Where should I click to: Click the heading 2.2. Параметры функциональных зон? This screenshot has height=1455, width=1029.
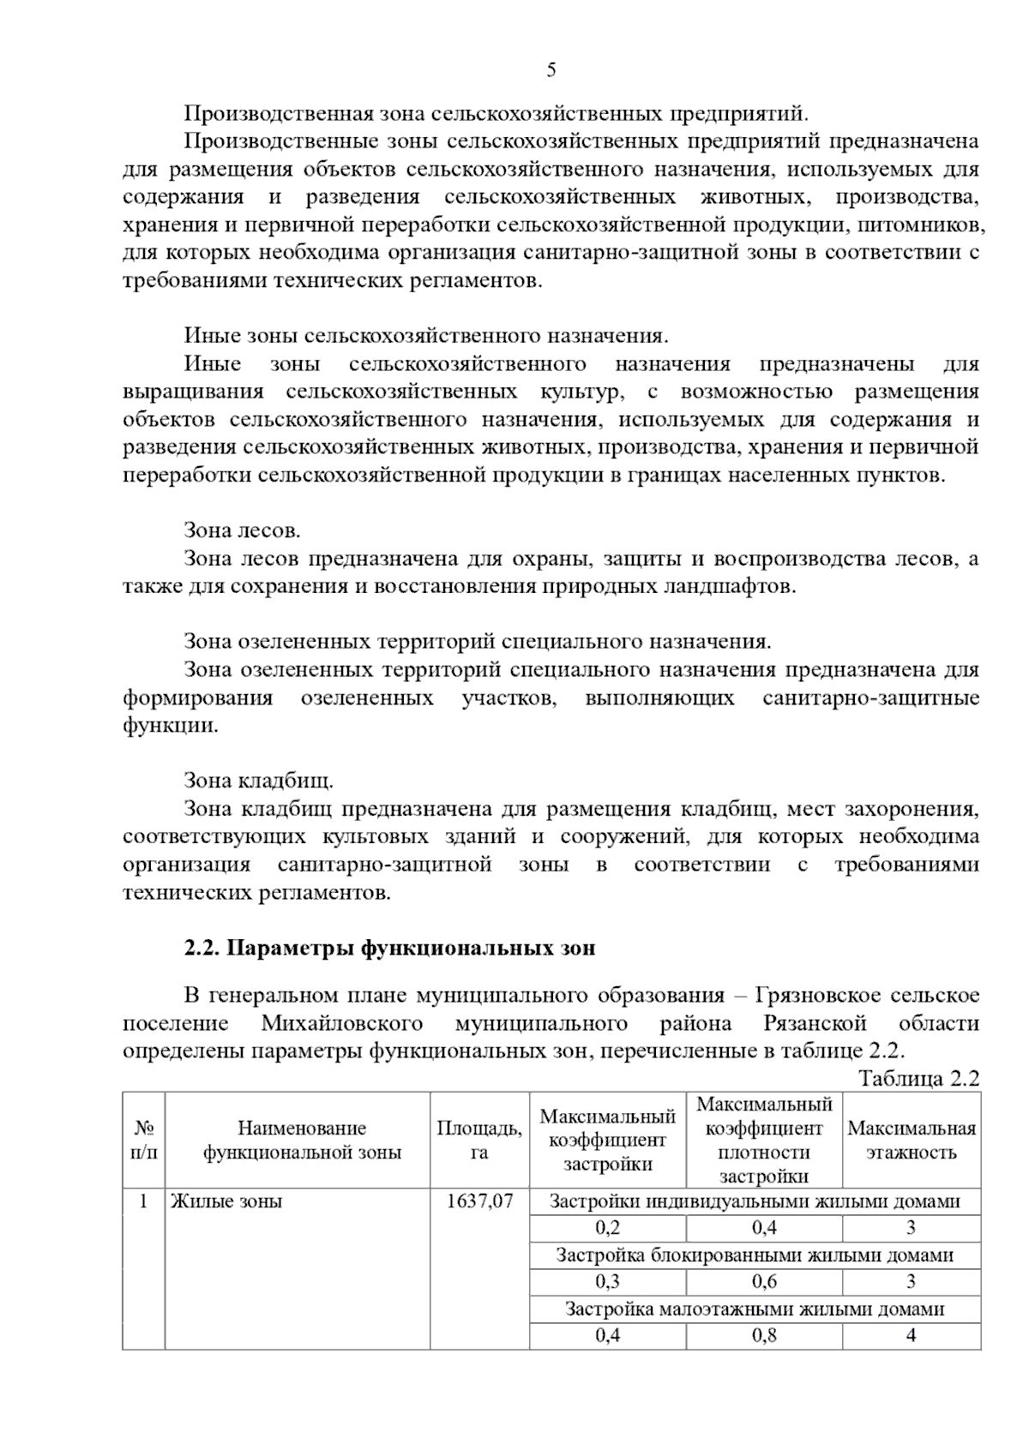click(x=389, y=949)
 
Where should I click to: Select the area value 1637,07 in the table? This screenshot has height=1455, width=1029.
click(x=479, y=1201)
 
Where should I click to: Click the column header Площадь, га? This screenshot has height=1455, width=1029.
click(x=479, y=1141)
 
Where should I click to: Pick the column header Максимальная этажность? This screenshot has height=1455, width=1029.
click(x=911, y=1141)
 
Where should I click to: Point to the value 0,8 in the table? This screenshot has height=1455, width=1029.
click(x=764, y=1335)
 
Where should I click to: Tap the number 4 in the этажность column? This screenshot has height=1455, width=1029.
click(x=911, y=1335)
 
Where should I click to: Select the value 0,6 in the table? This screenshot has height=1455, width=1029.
click(x=764, y=1282)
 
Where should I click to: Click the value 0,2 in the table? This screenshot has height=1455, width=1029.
click(x=607, y=1228)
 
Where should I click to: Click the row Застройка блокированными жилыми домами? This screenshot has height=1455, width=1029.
click(x=755, y=1255)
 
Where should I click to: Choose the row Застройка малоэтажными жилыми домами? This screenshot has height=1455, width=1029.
click(x=755, y=1308)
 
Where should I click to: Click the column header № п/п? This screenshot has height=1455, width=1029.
click(x=143, y=1141)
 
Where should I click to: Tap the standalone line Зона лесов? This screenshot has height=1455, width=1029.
click(x=242, y=530)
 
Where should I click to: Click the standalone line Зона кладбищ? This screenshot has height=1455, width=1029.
click(x=258, y=781)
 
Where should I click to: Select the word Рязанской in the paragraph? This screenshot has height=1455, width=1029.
click(x=815, y=1023)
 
